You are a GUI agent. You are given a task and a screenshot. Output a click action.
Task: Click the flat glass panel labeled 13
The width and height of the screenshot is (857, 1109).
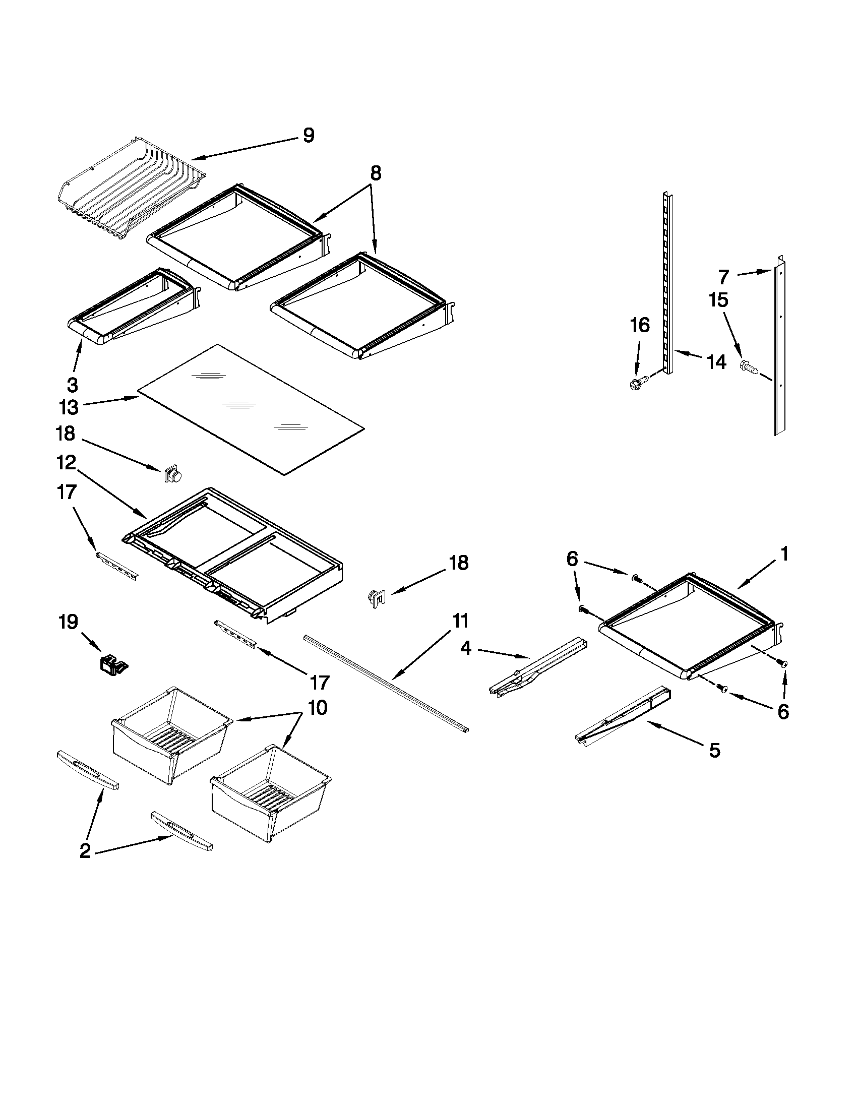[251, 409]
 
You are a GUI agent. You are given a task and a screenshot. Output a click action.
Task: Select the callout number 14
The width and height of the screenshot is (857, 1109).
[717, 362]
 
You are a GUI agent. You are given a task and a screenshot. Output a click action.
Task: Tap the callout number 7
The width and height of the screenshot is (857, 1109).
[723, 277]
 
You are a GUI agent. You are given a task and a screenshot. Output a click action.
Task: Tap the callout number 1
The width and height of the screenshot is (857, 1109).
[784, 553]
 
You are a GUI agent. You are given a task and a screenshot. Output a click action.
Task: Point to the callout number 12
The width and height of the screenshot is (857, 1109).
[66, 463]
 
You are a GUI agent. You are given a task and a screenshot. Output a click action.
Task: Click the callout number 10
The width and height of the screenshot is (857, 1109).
[317, 707]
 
